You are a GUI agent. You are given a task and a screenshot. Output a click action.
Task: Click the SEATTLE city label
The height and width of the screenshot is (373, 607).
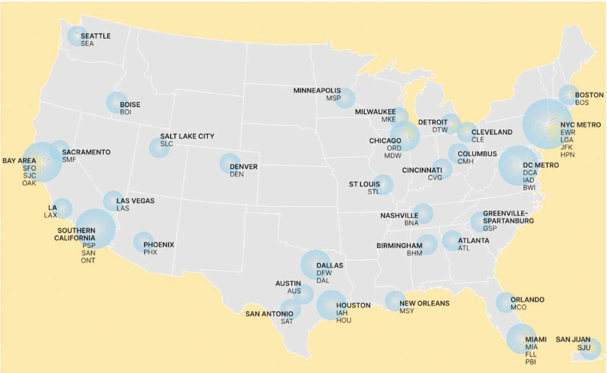(95, 36)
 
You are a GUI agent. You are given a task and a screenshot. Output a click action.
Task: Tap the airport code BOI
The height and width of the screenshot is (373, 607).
(125, 112)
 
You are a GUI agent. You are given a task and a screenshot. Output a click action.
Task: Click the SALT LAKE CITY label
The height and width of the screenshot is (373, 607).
(187, 136)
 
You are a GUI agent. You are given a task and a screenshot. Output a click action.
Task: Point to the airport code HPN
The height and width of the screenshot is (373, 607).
(567, 154)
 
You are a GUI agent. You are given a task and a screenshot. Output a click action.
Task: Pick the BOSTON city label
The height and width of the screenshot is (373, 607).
(589, 95)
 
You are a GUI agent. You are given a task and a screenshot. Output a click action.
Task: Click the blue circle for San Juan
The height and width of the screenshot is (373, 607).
(591, 349)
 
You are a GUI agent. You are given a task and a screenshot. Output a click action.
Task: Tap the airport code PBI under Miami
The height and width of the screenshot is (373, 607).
(531, 361)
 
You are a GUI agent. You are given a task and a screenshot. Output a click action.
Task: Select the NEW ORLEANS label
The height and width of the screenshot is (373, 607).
(424, 304)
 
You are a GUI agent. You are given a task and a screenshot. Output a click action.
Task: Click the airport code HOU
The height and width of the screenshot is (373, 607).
(343, 320)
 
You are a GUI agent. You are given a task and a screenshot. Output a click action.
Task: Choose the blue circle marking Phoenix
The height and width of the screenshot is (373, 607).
(143, 242)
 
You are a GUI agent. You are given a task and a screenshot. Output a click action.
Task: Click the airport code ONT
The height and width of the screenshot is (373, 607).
(88, 260)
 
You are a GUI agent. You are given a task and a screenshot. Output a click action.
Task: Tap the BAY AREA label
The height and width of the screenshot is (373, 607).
(19, 160)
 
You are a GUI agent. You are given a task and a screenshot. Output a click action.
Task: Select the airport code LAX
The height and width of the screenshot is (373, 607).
(51, 215)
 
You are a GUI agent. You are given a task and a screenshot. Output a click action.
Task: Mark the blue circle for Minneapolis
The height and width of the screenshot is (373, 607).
(344, 98)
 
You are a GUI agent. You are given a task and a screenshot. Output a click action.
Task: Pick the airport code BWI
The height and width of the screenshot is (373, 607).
(530, 187)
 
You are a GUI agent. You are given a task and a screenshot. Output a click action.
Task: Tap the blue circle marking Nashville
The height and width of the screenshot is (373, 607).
(423, 213)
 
